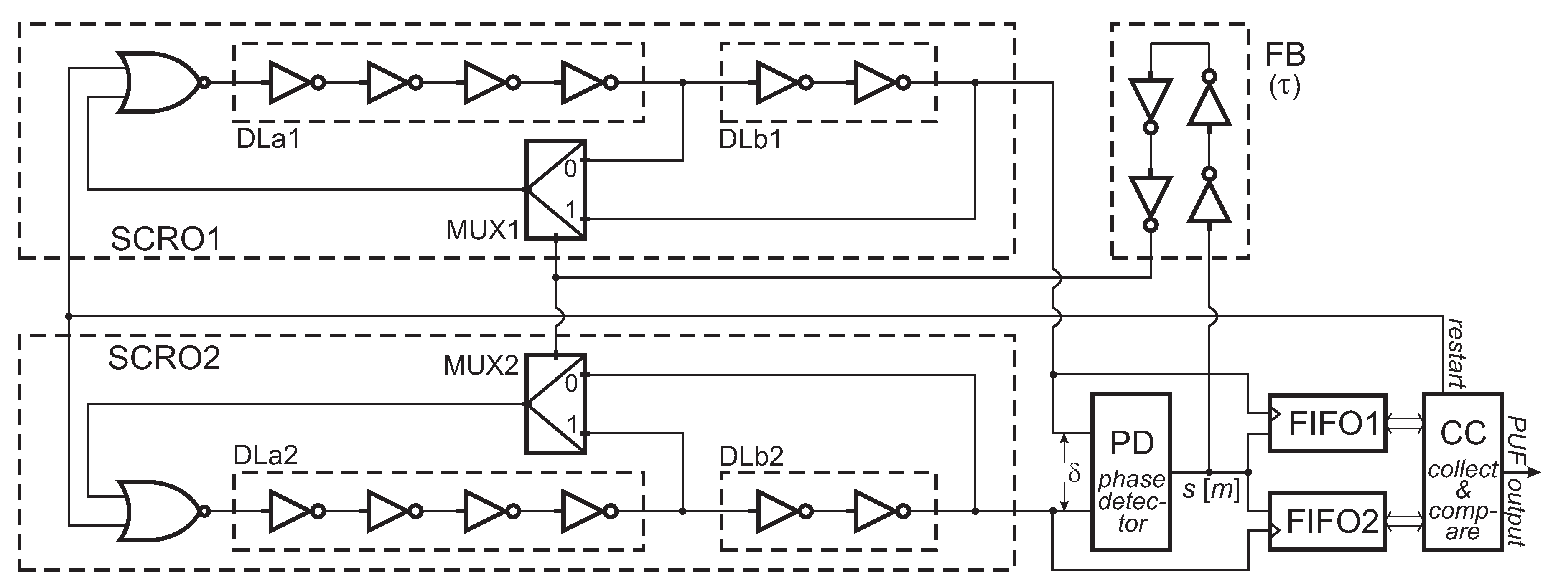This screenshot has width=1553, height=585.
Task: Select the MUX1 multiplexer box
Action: pyautogui.click(x=555, y=190)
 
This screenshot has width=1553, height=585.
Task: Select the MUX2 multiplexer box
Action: pyautogui.click(x=555, y=404)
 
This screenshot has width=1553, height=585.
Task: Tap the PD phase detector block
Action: pyautogui.click(x=1131, y=472)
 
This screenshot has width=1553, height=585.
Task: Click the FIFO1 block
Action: pyautogui.click(x=1327, y=423)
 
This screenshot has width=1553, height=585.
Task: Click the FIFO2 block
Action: pyautogui.click(x=1327, y=521)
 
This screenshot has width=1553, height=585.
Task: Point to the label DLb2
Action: pyautogui.click(x=751, y=456)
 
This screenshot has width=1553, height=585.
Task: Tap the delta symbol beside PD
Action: pyautogui.click(x=1074, y=474)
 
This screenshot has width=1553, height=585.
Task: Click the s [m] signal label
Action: pyautogui.click(x=1211, y=490)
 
